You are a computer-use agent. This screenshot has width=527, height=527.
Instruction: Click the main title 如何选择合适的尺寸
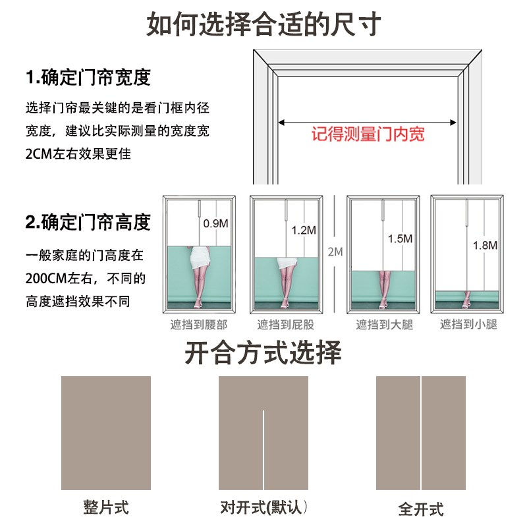(x=263, y=26)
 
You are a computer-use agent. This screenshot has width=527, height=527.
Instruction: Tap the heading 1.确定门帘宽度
(x=88, y=78)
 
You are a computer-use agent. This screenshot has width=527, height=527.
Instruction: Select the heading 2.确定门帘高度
(x=88, y=222)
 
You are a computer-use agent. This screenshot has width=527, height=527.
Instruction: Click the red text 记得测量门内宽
(x=368, y=134)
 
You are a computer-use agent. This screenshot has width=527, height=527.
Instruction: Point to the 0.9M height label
(x=215, y=223)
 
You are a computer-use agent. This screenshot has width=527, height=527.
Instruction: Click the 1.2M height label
(x=304, y=231)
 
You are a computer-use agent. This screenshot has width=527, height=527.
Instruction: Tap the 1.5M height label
(x=400, y=238)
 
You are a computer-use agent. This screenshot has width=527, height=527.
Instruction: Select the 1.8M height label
(x=485, y=245)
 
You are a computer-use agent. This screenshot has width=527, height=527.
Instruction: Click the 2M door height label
(x=335, y=252)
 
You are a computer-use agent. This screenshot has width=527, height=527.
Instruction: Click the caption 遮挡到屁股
(x=285, y=324)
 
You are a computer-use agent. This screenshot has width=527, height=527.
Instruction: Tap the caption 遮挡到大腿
(x=384, y=324)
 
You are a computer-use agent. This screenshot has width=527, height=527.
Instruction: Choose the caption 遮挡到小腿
(x=468, y=324)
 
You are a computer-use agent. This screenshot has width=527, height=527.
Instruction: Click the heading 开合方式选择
(x=263, y=353)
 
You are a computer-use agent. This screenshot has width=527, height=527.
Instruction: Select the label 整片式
(x=106, y=507)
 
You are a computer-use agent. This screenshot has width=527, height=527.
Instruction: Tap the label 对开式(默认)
(x=264, y=507)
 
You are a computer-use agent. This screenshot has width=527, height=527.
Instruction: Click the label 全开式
(x=421, y=509)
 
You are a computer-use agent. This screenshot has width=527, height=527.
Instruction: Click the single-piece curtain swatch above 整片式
(x=106, y=433)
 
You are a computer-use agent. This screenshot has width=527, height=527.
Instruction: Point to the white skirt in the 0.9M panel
(x=198, y=259)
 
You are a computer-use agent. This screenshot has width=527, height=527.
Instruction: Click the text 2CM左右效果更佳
(x=78, y=153)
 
